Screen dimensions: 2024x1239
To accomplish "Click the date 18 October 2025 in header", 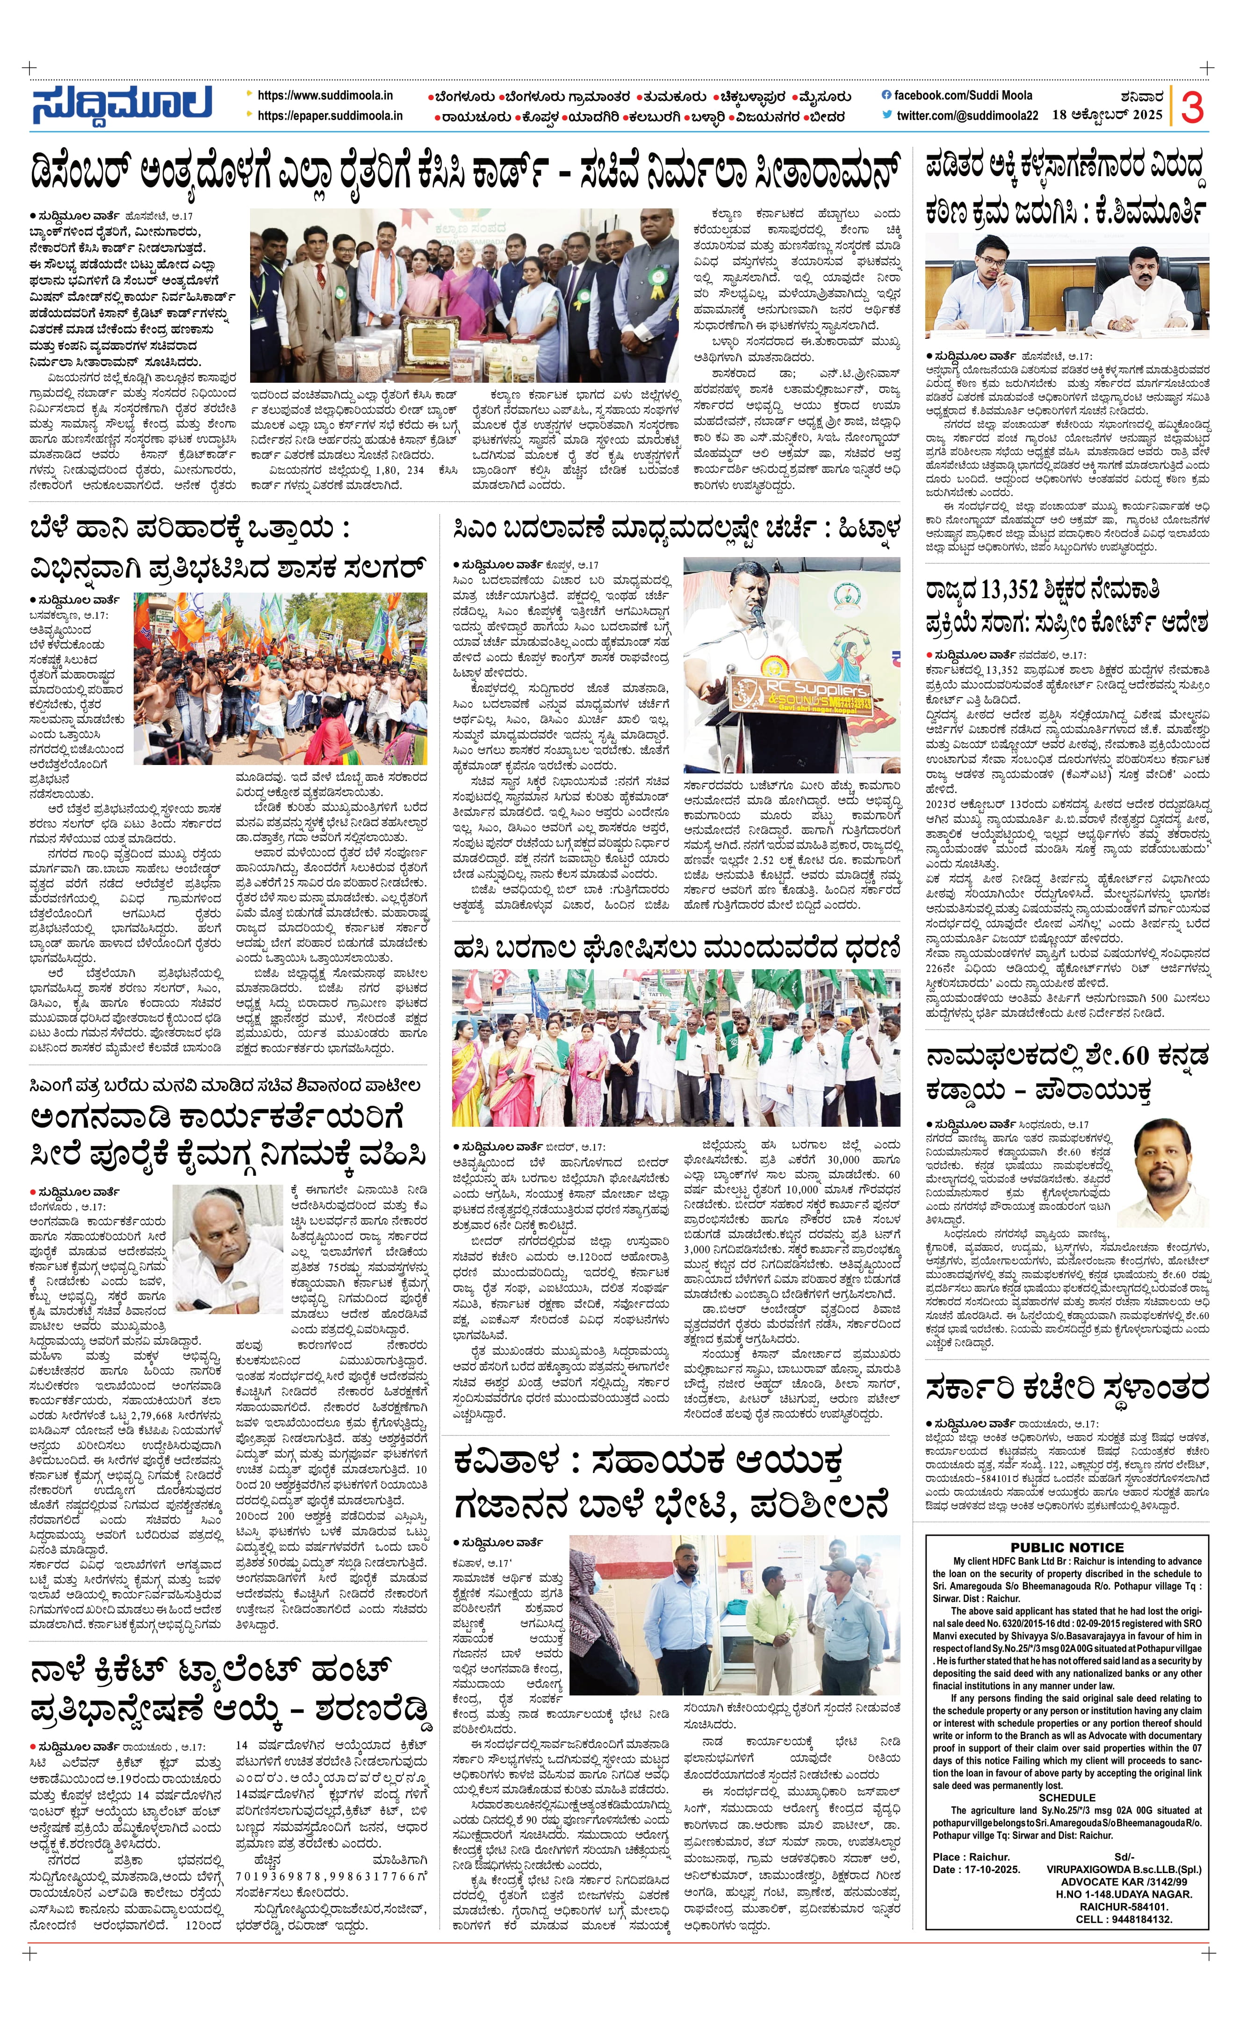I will pyautogui.click(x=1108, y=115).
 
